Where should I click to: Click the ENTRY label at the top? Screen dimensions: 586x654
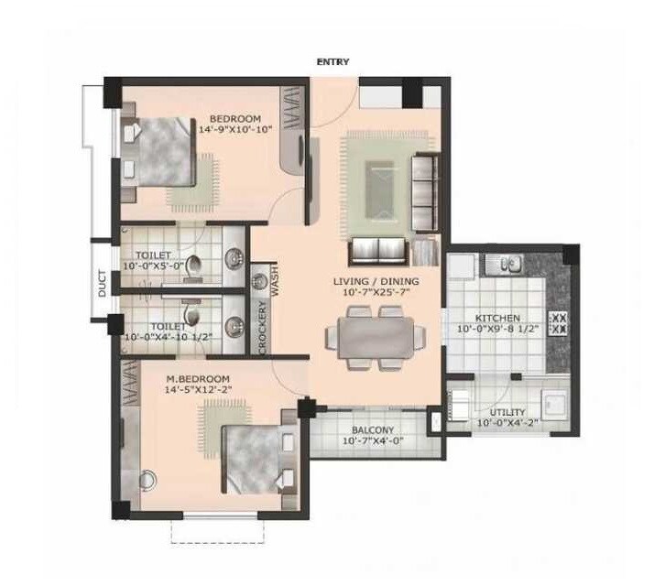pos(332,62)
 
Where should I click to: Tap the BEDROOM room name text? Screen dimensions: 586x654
pos(235,119)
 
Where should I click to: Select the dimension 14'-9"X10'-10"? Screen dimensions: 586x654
pos(236,130)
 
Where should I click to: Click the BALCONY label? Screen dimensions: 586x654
pos(372,431)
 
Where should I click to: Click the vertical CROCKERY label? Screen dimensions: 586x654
pos(262,327)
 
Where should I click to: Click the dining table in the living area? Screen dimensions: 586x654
pos(376,336)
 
